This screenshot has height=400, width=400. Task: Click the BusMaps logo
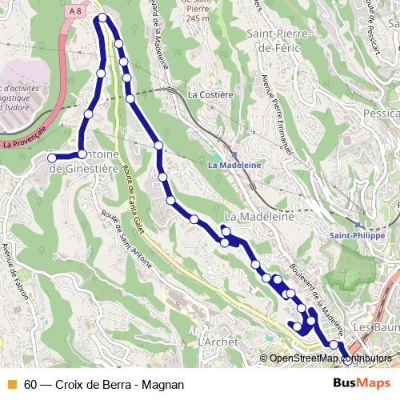(362, 383)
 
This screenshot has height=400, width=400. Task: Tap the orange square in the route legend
(11, 384)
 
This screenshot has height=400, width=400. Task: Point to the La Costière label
(210, 94)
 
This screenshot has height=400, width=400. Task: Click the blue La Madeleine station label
(230, 166)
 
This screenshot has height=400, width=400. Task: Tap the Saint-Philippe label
(354, 236)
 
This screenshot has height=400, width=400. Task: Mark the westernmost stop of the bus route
(52, 158)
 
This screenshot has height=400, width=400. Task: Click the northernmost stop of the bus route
(102, 18)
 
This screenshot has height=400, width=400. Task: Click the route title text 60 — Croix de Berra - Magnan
(104, 384)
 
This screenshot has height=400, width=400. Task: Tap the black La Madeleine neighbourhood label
(260, 217)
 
